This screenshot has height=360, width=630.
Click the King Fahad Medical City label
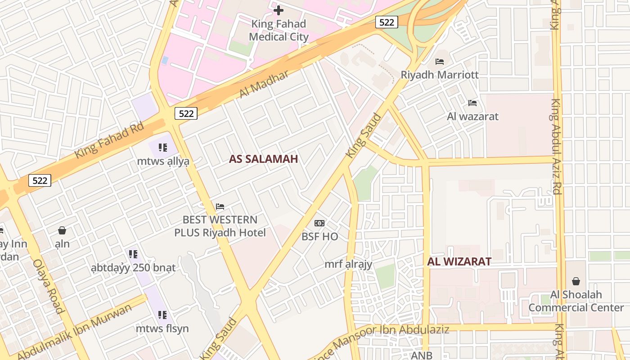(279, 30)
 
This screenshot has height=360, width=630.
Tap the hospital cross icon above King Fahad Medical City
(279, 10)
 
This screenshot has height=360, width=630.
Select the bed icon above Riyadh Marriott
(440, 61)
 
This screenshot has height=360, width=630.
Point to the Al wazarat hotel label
(472, 117)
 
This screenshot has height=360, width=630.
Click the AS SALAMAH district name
(264, 159)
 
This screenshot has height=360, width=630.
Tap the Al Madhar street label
(264, 84)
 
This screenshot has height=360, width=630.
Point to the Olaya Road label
(48, 286)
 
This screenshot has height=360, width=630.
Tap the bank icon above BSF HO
(319, 223)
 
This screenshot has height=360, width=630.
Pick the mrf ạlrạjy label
(348, 264)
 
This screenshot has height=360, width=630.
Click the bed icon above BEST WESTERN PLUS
(220, 207)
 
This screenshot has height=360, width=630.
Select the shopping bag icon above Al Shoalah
(576, 282)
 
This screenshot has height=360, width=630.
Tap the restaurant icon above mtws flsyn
(162, 315)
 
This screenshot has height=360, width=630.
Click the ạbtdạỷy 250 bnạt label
(133, 268)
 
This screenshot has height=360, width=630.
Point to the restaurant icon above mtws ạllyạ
(163, 147)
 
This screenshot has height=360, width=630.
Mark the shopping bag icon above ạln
(62, 231)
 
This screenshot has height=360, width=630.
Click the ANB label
(422, 355)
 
